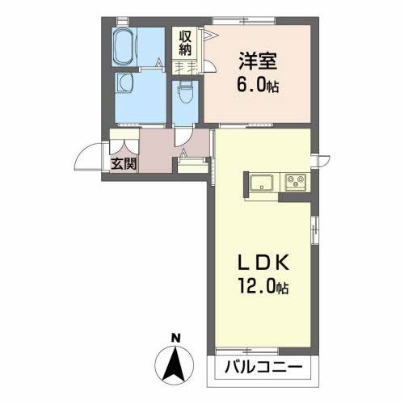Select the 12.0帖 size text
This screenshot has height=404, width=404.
point(262,288)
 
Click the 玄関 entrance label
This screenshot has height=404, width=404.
point(123,164)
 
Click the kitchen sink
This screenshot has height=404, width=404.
point(262,181)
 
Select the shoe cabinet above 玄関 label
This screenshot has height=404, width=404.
point(124,145)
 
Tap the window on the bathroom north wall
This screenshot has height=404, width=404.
point(124,18)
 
